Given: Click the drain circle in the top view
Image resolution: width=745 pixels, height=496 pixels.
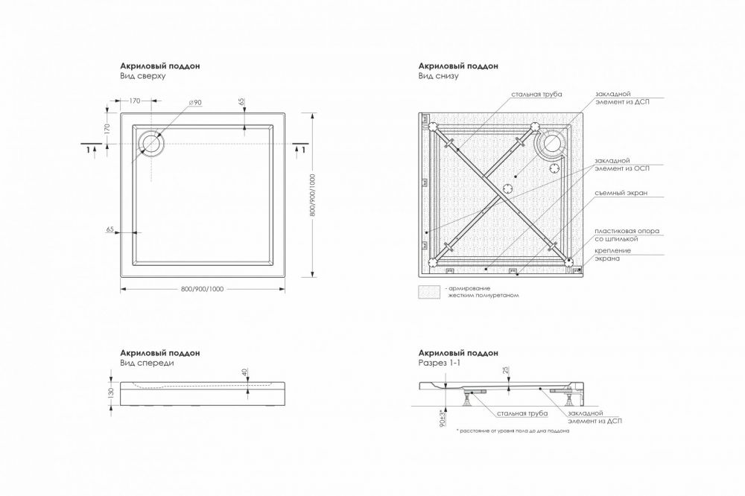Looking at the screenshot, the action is [x=152, y=144].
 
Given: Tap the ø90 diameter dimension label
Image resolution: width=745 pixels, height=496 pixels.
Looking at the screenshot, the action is [x=195, y=103].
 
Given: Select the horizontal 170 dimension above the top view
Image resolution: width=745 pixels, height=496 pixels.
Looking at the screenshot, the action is [x=135, y=101].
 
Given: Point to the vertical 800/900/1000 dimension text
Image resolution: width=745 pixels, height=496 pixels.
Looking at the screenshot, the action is [x=312, y=195].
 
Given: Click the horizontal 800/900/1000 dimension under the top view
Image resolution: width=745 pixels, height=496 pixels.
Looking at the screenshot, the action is [x=203, y=289].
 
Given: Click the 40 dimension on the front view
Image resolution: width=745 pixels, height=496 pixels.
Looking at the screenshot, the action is [x=244, y=372].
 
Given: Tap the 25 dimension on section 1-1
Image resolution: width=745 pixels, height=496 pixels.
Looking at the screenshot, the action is [x=506, y=369].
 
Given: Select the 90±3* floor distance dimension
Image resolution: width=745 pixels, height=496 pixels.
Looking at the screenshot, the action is [x=443, y=417].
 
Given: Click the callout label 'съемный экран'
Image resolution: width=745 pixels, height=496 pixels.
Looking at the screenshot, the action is [x=621, y=194].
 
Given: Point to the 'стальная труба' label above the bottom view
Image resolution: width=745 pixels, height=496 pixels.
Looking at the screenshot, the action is [x=536, y=94].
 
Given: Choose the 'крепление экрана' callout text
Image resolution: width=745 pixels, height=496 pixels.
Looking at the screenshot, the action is [x=613, y=255].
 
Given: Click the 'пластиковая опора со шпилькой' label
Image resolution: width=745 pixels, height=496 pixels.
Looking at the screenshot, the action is [x=627, y=235].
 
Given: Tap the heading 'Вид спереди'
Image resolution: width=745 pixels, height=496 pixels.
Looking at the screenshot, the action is [x=147, y=363].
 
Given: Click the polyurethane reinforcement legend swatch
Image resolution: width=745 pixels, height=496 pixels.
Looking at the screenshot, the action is [x=430, y=292].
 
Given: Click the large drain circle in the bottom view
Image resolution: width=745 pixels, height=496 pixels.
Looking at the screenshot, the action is [x=554, y=142].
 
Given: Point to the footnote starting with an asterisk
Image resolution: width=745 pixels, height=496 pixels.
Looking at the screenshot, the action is [x=513, y=431].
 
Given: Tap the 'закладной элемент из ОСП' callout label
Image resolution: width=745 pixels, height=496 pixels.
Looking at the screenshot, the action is [x=622, y=165].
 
